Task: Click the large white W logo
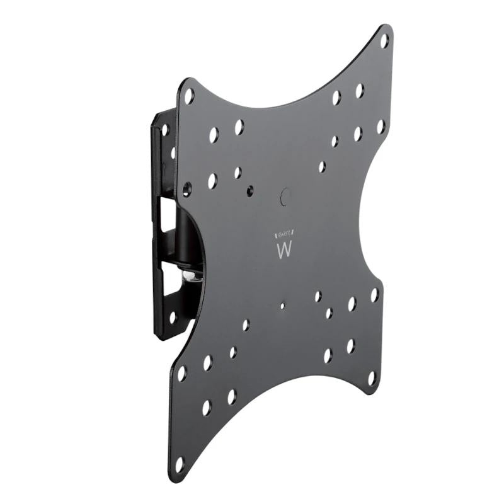point(284,249)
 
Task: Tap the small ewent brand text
point(284,232)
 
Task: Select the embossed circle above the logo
point(285,196)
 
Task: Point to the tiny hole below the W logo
point(282,306)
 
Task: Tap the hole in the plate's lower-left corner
point(180,464)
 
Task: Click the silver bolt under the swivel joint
point(188,275)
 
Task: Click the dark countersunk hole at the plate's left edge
point(186,188)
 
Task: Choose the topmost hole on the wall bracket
point(166,130)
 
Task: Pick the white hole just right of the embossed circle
point(322,166)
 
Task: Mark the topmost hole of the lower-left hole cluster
point(246,324)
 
